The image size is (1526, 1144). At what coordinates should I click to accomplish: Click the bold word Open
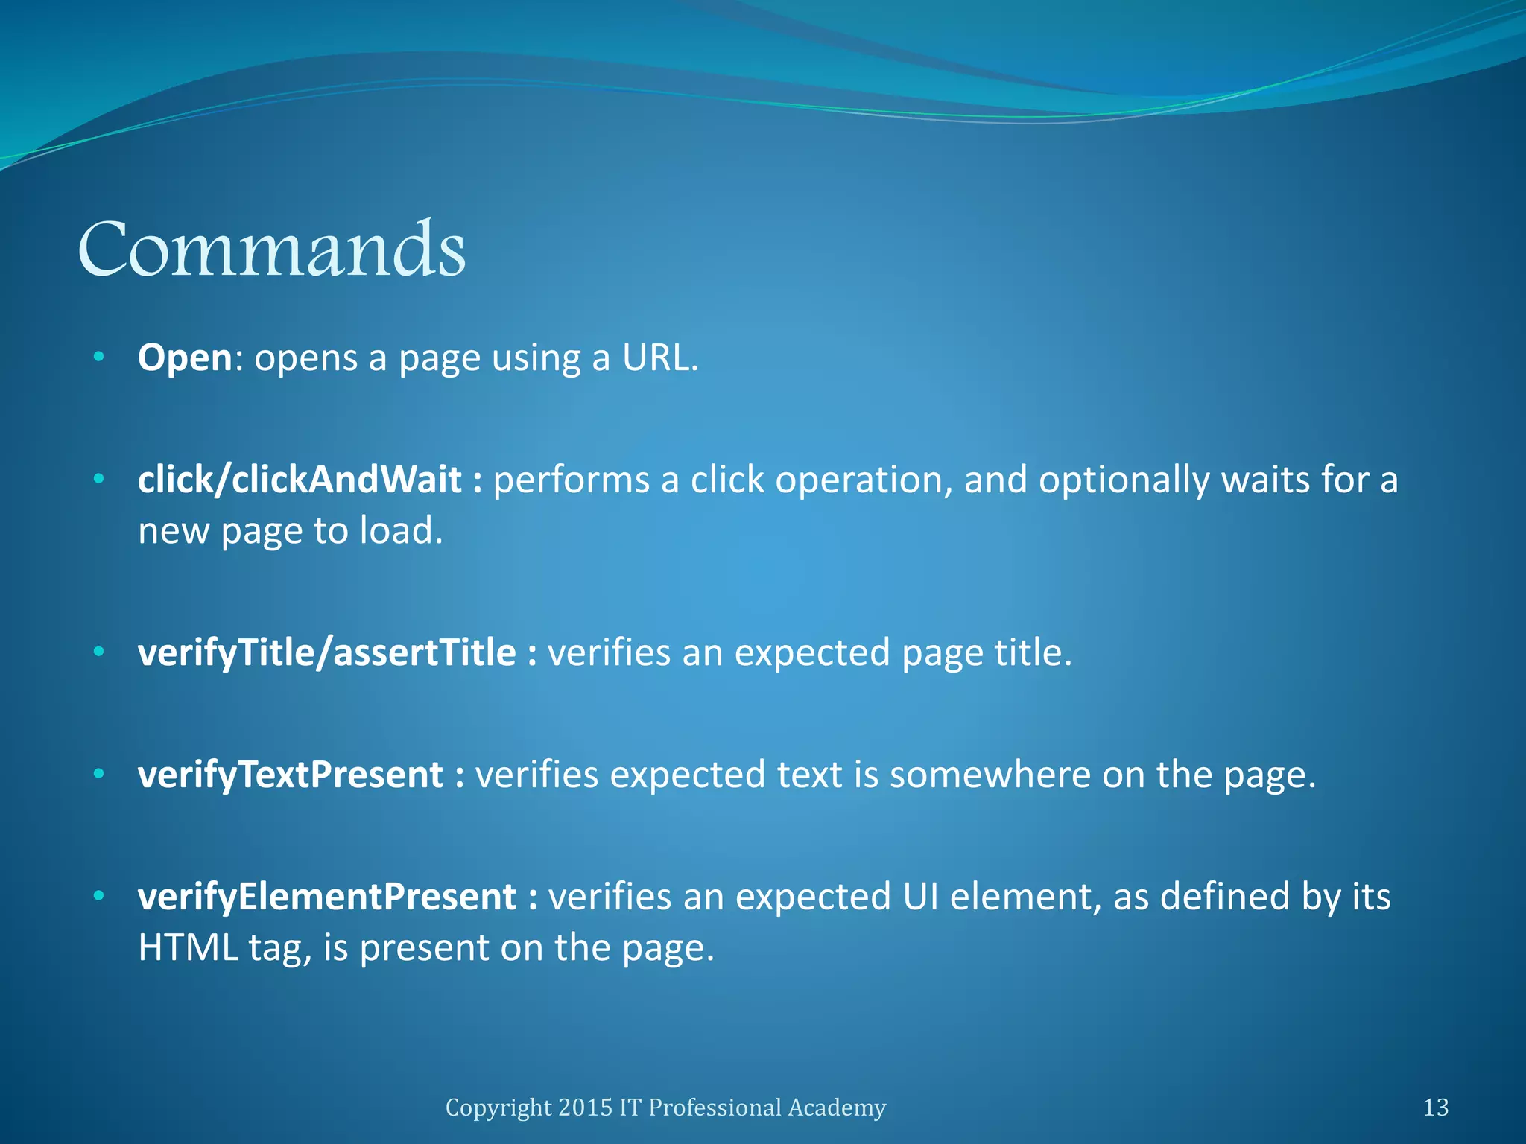click(186, 358)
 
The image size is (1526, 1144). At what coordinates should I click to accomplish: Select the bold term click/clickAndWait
click(300, 480)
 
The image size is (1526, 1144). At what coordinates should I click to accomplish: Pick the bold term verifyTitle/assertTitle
click(326, 653)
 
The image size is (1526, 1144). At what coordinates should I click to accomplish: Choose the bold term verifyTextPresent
click(291, 775)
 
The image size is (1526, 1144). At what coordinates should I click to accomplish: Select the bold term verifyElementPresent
click(326, 897)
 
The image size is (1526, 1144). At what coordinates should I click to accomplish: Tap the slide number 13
click(1436, 1108)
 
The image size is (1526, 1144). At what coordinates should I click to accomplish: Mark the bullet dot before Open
click(99, 358)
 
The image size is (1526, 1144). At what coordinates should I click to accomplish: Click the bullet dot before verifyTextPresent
click(99, 775)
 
